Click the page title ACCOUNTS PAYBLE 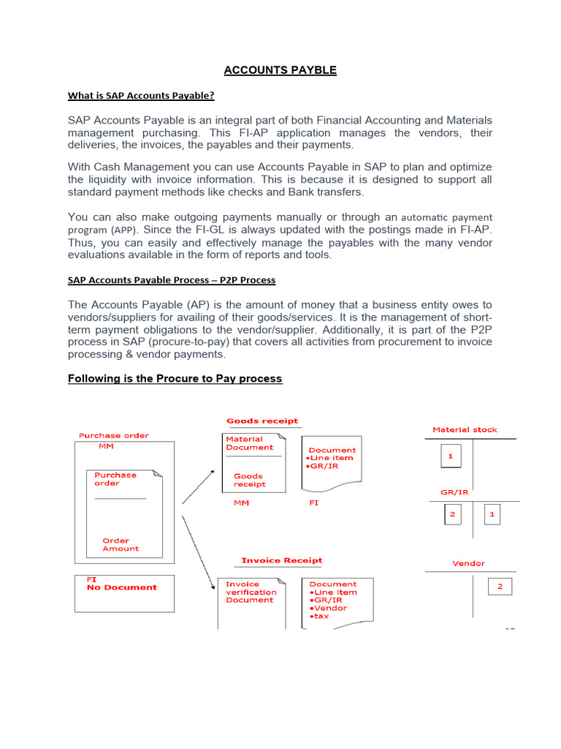280,70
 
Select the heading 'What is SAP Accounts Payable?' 141,95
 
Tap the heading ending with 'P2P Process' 171,279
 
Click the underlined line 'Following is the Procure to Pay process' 175,378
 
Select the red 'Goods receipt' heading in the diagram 262,421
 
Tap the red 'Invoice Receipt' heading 281,560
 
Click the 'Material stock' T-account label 465,429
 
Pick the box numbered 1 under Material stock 451,456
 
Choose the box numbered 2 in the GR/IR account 452,514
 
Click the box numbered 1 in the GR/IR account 492,514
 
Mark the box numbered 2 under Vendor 500,586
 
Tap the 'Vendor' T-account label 468,563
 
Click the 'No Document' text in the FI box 121,587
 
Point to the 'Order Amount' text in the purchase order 120,544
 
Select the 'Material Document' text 249,443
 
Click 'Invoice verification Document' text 250,592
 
